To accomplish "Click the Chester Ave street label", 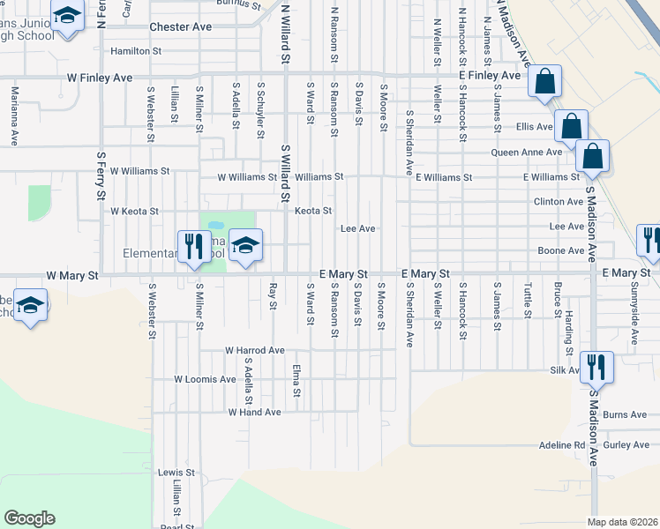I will click(x=181, y=27).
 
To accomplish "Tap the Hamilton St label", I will click(x=136, y=52).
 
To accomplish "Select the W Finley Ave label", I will click(x=100, y=78).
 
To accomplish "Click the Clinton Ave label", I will click(x=559, y=202).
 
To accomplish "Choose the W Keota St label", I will click(x=134, y=212).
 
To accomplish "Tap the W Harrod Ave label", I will click(x=254, y=350).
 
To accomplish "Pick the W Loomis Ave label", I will click(x=205, y=380).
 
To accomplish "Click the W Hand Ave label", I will click(x=254, y=412).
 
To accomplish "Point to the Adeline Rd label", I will click(x=562, y=446).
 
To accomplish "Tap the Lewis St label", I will click(x=170, y=473).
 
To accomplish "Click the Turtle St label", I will click(x=528, y=301).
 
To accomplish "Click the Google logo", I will click(x=29, y=518).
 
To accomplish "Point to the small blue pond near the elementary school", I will click(x=216, y=225).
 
